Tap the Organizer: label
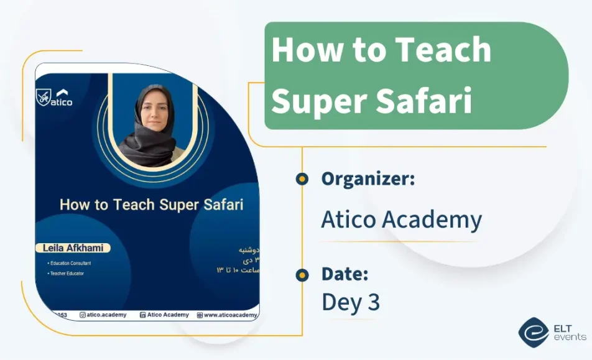click(368, 179)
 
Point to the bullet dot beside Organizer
click(302, 179)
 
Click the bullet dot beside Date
click(302, 274)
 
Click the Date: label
click(345, 274)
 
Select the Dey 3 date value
click(350, 302)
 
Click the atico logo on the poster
click(55, 98)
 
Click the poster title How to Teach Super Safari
click(151, 205)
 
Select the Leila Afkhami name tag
click(72, 248)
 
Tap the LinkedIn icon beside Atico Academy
click(142, 315)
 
